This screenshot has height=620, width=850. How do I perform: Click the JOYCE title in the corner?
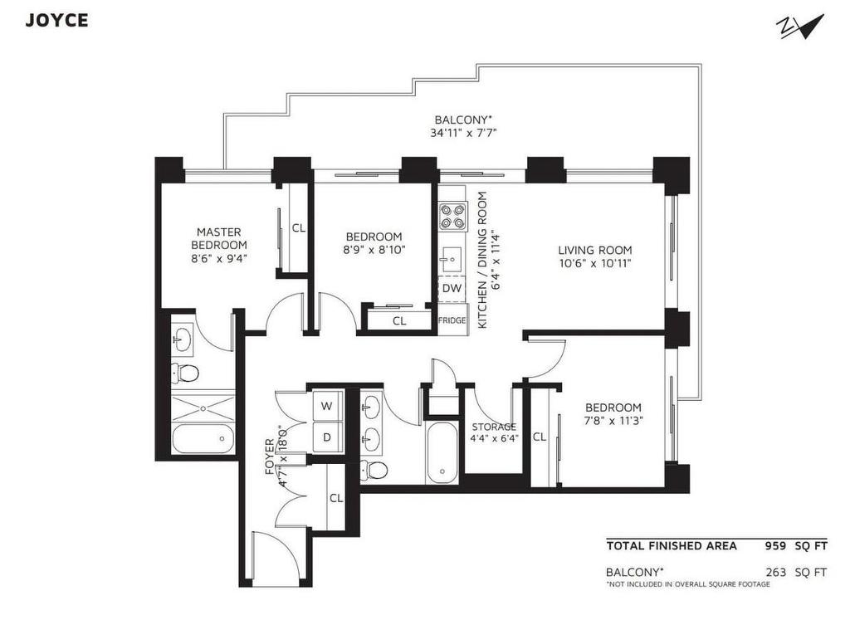point(56,21)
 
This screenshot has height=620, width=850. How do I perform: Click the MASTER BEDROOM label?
point(219,238)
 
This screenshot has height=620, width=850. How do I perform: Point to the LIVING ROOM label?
point(595,250)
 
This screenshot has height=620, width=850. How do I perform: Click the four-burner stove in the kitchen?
point(453,216)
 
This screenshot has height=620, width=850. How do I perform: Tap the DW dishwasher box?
point(452,288)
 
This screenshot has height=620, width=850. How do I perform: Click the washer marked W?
point(327,406)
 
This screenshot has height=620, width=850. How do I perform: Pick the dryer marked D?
point(327,437)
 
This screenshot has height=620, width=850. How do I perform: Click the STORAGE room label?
point(494,427)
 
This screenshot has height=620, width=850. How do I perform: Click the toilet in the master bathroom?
point(188,372)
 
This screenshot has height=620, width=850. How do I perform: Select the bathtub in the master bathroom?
point(204,437)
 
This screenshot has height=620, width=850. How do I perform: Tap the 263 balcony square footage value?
point(776,572)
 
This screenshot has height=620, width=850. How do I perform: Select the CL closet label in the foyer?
point(336,499)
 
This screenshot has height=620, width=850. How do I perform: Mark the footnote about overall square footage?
point(688,585)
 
